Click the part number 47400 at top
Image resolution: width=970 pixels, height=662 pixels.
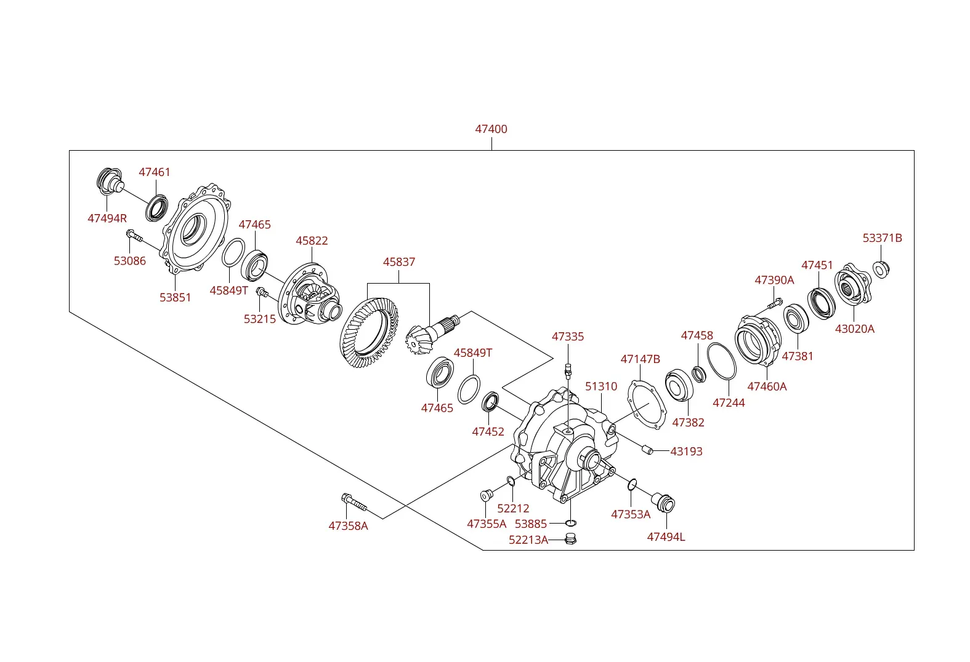pos(491,129)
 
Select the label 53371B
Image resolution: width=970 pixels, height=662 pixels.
pos(882,238)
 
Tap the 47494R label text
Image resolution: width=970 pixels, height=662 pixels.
pos(107,218)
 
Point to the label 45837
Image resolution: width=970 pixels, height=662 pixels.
pos(399,261)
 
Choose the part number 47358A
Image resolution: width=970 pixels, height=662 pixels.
pos(348,525)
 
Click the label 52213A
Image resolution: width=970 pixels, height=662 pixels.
pos(528,540)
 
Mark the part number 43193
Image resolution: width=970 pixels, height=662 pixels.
pos(686,452)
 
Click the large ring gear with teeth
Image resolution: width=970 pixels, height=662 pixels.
pos(369,333)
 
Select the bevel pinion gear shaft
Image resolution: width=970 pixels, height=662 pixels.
pos(432,335)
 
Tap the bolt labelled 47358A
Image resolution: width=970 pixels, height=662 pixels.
pos(354,502)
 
